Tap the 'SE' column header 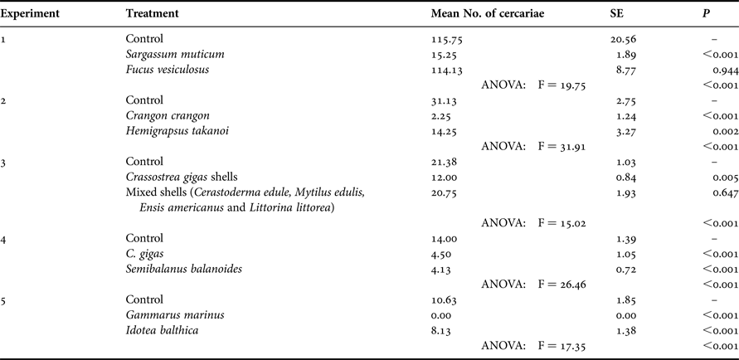tap(615, 14)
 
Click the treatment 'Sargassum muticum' tap(175, 54)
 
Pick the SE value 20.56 tap(621, 38)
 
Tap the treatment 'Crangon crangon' tap(168, 116)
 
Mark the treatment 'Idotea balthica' tap(163, 331)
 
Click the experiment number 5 tap(5, 300)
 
